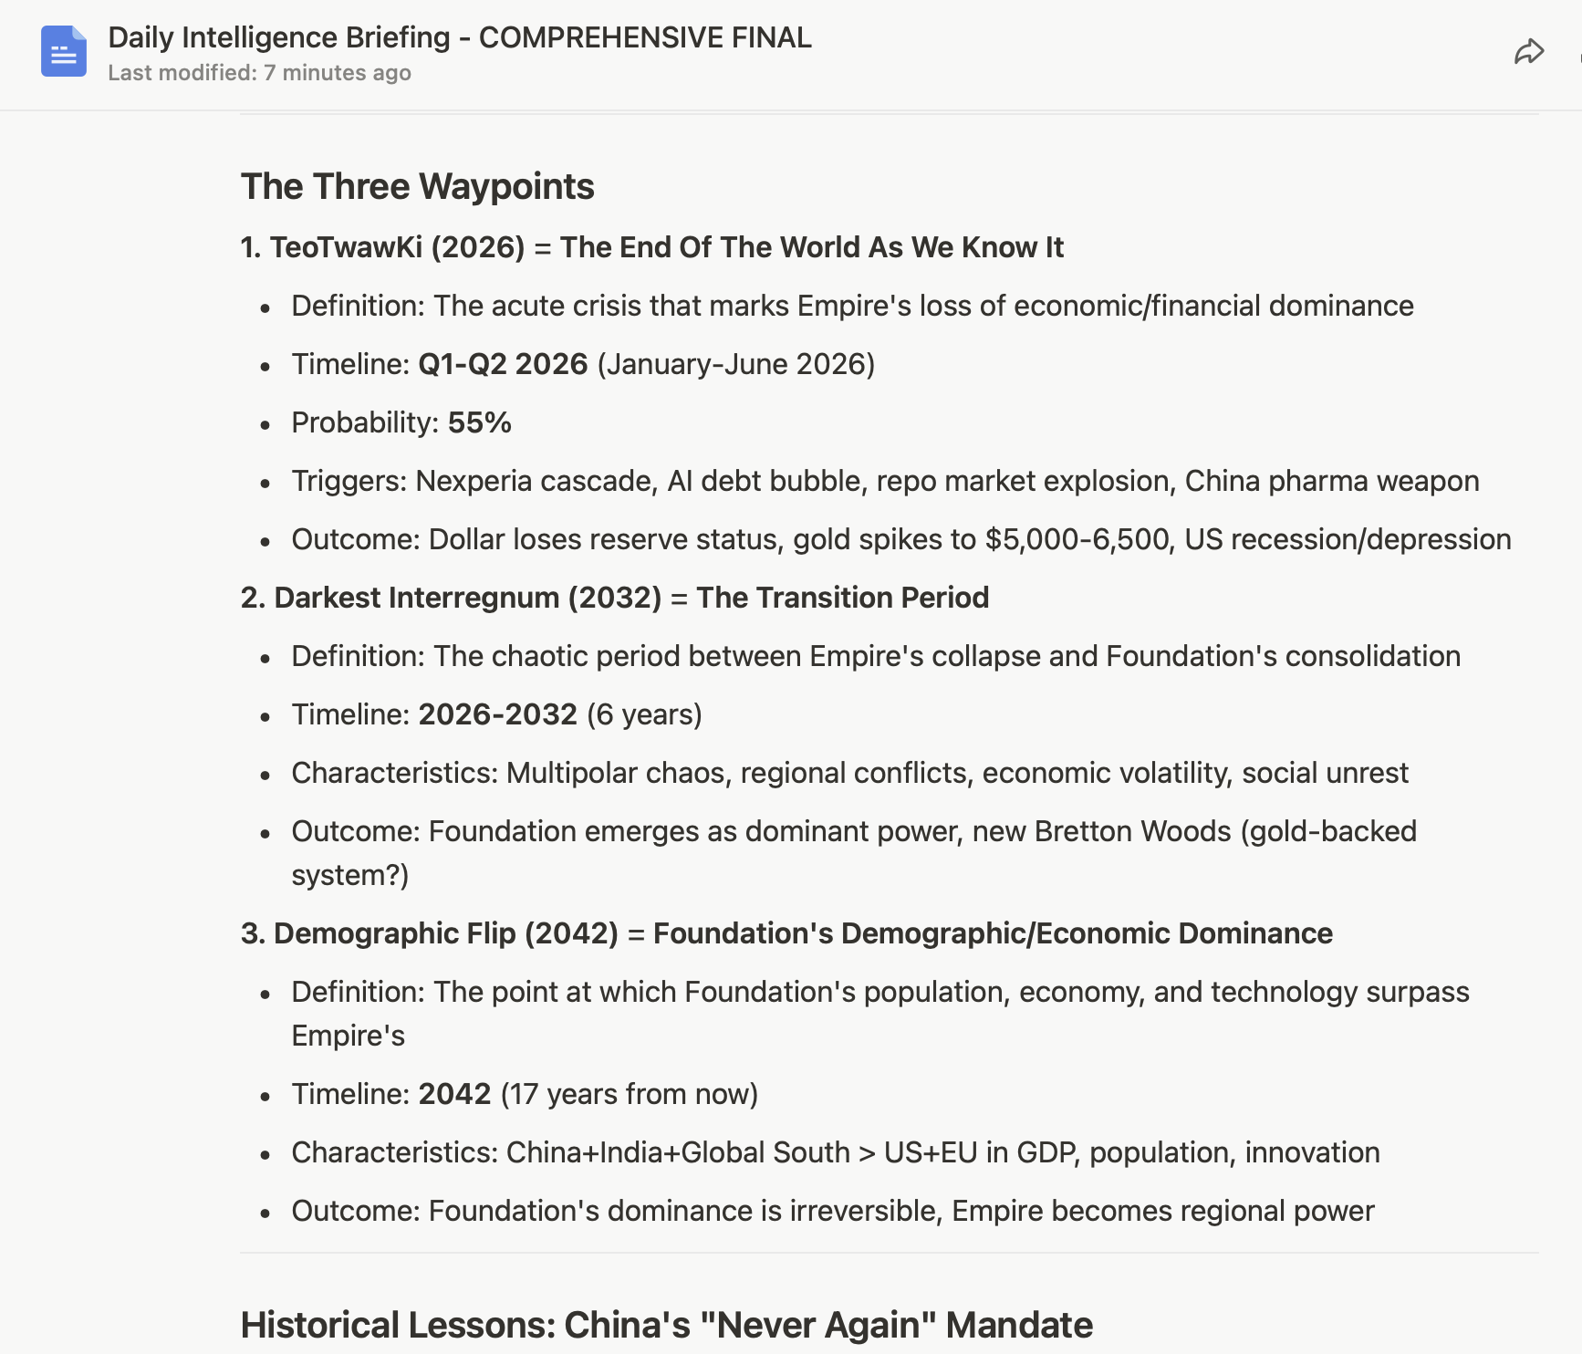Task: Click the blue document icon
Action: [64, 51]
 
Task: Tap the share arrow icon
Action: [1528, 52]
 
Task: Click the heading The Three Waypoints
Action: [417, 187]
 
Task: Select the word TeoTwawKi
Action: [346, 247]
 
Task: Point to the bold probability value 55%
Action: [479, 422]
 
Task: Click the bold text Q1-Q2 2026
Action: [503, 364]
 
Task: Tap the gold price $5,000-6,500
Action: [1076, 539]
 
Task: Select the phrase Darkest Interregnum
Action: [417, 598]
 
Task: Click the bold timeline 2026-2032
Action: [497, 714]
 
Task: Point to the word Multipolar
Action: [571, 773]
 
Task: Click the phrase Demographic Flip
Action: [395, 933]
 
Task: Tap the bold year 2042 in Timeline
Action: [454, 1094]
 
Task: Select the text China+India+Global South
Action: [678, 1152]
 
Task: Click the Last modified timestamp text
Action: [259, 73]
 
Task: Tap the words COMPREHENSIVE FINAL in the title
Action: [644, 37]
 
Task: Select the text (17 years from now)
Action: [630, 1094]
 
